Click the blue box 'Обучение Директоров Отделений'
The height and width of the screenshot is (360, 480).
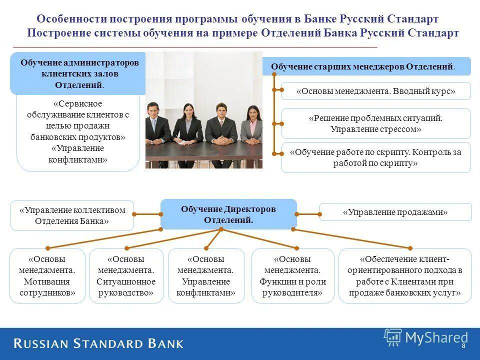[x=228, y=214]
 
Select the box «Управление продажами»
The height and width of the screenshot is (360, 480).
[x=395, y=212]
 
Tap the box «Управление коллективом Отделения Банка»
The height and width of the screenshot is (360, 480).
[x=72, y=215]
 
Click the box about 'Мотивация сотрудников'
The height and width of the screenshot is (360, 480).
[x=47, y=275]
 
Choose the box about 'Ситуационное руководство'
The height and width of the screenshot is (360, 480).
[x=126, y=275]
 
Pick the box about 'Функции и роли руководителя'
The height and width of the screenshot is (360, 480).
[x=292, y=275]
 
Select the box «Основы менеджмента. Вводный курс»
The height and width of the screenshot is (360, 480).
[x=375, y=91]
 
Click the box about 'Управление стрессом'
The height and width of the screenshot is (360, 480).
[x=375, y=123]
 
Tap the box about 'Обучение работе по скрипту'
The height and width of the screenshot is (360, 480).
[x=375, y=157]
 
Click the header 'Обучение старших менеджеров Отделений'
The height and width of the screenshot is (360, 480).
[x=366, y=66]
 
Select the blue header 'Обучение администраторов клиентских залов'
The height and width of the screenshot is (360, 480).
[x=78, y=73]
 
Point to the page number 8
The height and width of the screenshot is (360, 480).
[x=463, y=346]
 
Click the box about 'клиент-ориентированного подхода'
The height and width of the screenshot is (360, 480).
[x=405, y=275]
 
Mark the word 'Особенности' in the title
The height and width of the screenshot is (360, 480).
[x=72, y=19]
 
